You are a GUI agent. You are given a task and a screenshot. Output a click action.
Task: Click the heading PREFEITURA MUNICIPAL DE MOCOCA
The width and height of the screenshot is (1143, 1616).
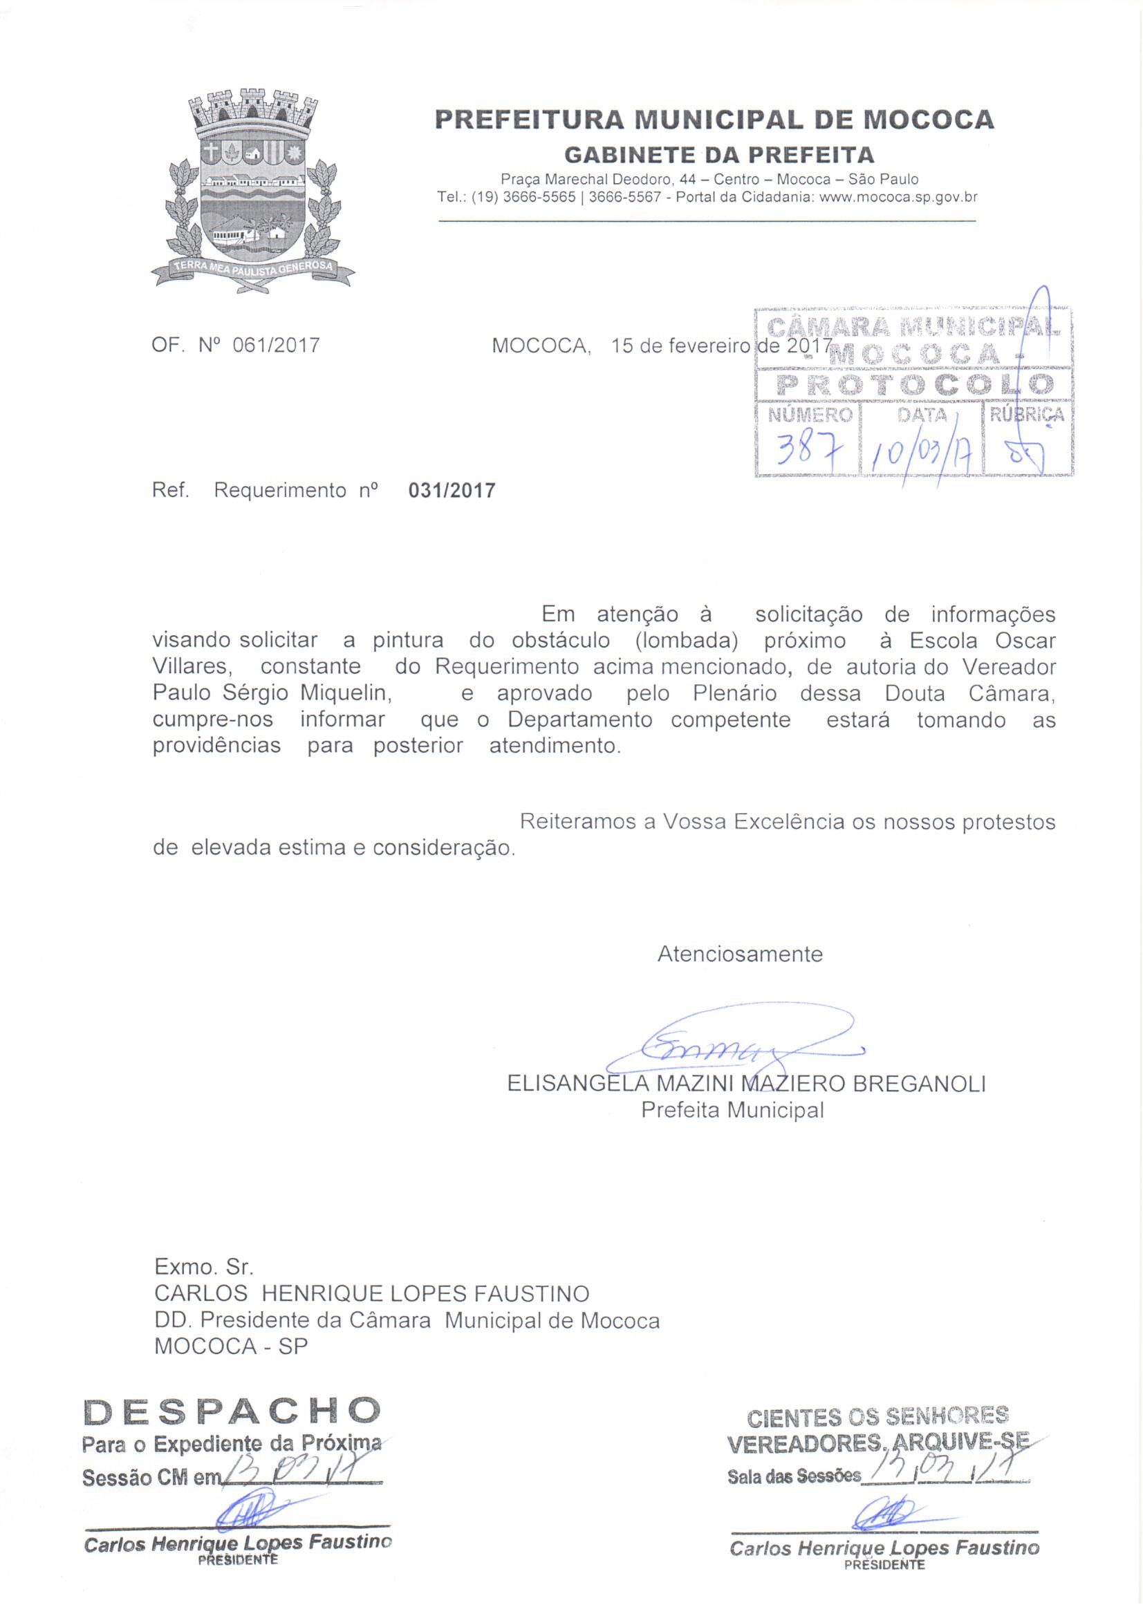point(714,120)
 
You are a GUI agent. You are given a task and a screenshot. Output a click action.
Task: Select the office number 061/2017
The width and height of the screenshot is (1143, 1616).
point(280,346)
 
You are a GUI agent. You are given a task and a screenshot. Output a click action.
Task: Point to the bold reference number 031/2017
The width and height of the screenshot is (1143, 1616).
point(452,491)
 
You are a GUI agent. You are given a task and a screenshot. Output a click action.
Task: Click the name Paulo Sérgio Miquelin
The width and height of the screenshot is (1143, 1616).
point(272,693)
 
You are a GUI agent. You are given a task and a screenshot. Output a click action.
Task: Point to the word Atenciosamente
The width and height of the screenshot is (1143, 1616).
point(739,955)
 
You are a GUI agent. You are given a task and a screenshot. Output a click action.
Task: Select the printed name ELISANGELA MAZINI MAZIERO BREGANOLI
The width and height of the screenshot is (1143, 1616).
point(746,1084)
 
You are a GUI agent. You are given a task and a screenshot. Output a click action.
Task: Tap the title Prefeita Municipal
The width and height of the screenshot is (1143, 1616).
point(732,1111)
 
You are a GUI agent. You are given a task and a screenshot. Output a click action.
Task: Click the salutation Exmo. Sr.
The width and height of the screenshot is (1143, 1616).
point(203,1268)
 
